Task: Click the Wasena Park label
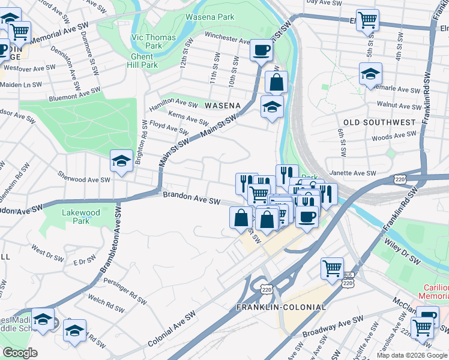tap(209, 17)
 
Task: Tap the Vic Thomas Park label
tap(154, 41)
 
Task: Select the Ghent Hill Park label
tap(140, 61)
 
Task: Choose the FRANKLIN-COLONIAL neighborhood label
tap(281, 307)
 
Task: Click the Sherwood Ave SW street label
tap(83, 179)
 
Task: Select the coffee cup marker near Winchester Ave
tap(261, 50)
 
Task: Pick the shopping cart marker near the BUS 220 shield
tap(332, 268)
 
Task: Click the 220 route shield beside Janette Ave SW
tap(402, 179)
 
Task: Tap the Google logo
tap(19, 353)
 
